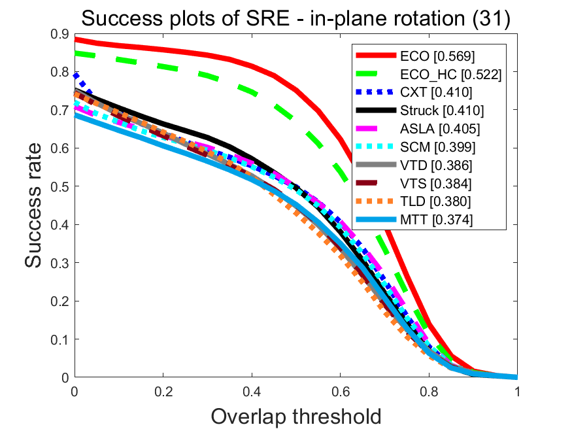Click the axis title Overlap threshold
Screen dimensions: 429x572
click(295, 415)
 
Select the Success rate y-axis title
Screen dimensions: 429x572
click(35, 206)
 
